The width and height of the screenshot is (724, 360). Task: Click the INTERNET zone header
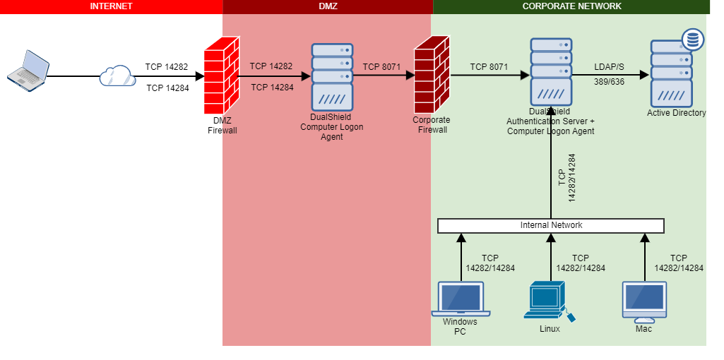click(x=111, y=6)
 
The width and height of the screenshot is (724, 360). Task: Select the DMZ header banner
click(x=328, y=6)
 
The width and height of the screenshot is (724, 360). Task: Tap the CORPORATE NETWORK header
click(x=571, y=6)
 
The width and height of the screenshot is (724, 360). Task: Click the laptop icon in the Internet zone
click(x=28, y=69)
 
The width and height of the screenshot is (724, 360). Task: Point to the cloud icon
click(x=117, y=76)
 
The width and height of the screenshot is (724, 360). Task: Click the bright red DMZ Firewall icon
click(x=219, y=76)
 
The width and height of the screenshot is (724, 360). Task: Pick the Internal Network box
click(x=551, y=226)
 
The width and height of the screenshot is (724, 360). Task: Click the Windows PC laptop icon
click(x=461, y=299)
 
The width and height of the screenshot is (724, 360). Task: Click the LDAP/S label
click(x=609, y=67)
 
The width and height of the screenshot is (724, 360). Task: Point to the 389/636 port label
click(x=609, y=83)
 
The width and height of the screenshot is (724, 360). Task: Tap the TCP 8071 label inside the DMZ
click(x=381, y=67)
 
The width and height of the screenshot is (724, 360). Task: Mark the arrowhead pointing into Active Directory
click(x=645, y=76)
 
